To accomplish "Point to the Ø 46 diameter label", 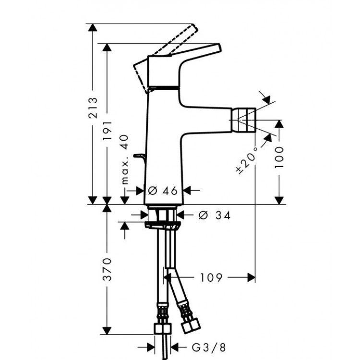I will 163,191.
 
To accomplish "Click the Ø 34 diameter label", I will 214,216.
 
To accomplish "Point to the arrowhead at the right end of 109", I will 251,277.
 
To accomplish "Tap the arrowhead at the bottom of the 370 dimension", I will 105,332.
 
